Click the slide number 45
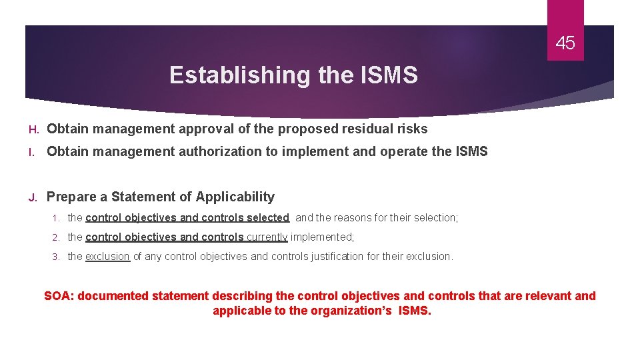(565, 44)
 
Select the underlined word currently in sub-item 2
(267, 237)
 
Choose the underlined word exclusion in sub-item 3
(107, 256)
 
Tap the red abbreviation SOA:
(59, 296)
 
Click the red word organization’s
(351, 311)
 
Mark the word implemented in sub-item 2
(321, 237)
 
